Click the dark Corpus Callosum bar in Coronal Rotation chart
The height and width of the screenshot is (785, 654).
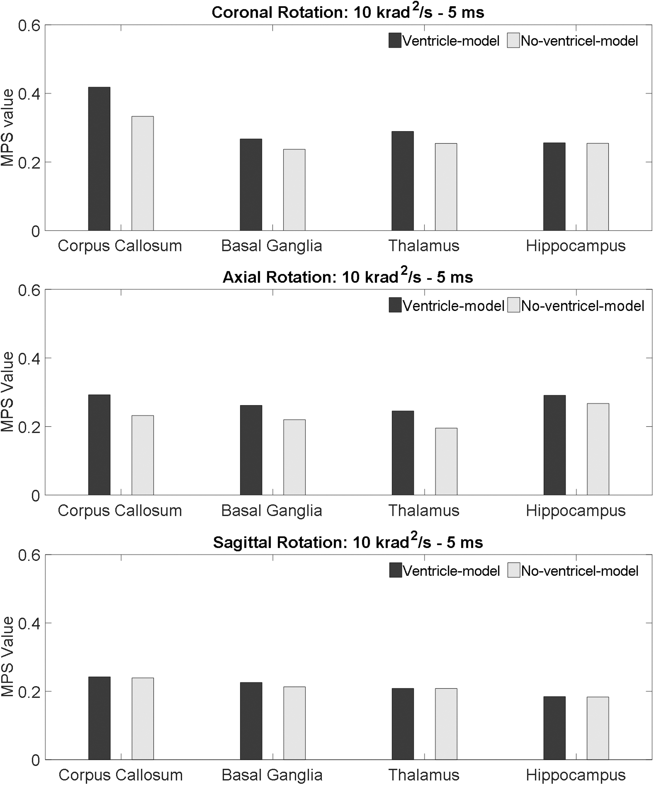point(99,159)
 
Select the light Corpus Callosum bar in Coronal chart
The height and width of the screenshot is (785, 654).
point(143,173)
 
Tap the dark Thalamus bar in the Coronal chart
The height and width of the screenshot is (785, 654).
point(403,181)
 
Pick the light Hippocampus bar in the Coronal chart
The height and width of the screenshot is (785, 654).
point(598,187)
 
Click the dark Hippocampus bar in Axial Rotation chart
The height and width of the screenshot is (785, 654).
point(555,445)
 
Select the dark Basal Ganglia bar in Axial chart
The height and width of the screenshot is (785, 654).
point(251,450)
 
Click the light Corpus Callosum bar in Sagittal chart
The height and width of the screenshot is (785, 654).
point(143,719)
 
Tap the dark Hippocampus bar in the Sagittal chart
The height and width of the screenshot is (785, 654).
point(555,728)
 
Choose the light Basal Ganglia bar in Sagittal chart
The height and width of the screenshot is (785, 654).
point(294,723)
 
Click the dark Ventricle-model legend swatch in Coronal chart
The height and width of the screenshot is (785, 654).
point(395,40)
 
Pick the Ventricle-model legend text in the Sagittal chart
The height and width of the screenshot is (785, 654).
point(451,571)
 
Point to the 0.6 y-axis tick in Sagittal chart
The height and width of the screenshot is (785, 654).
point(29,555)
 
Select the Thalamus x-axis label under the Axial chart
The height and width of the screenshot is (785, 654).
point(424,511)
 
